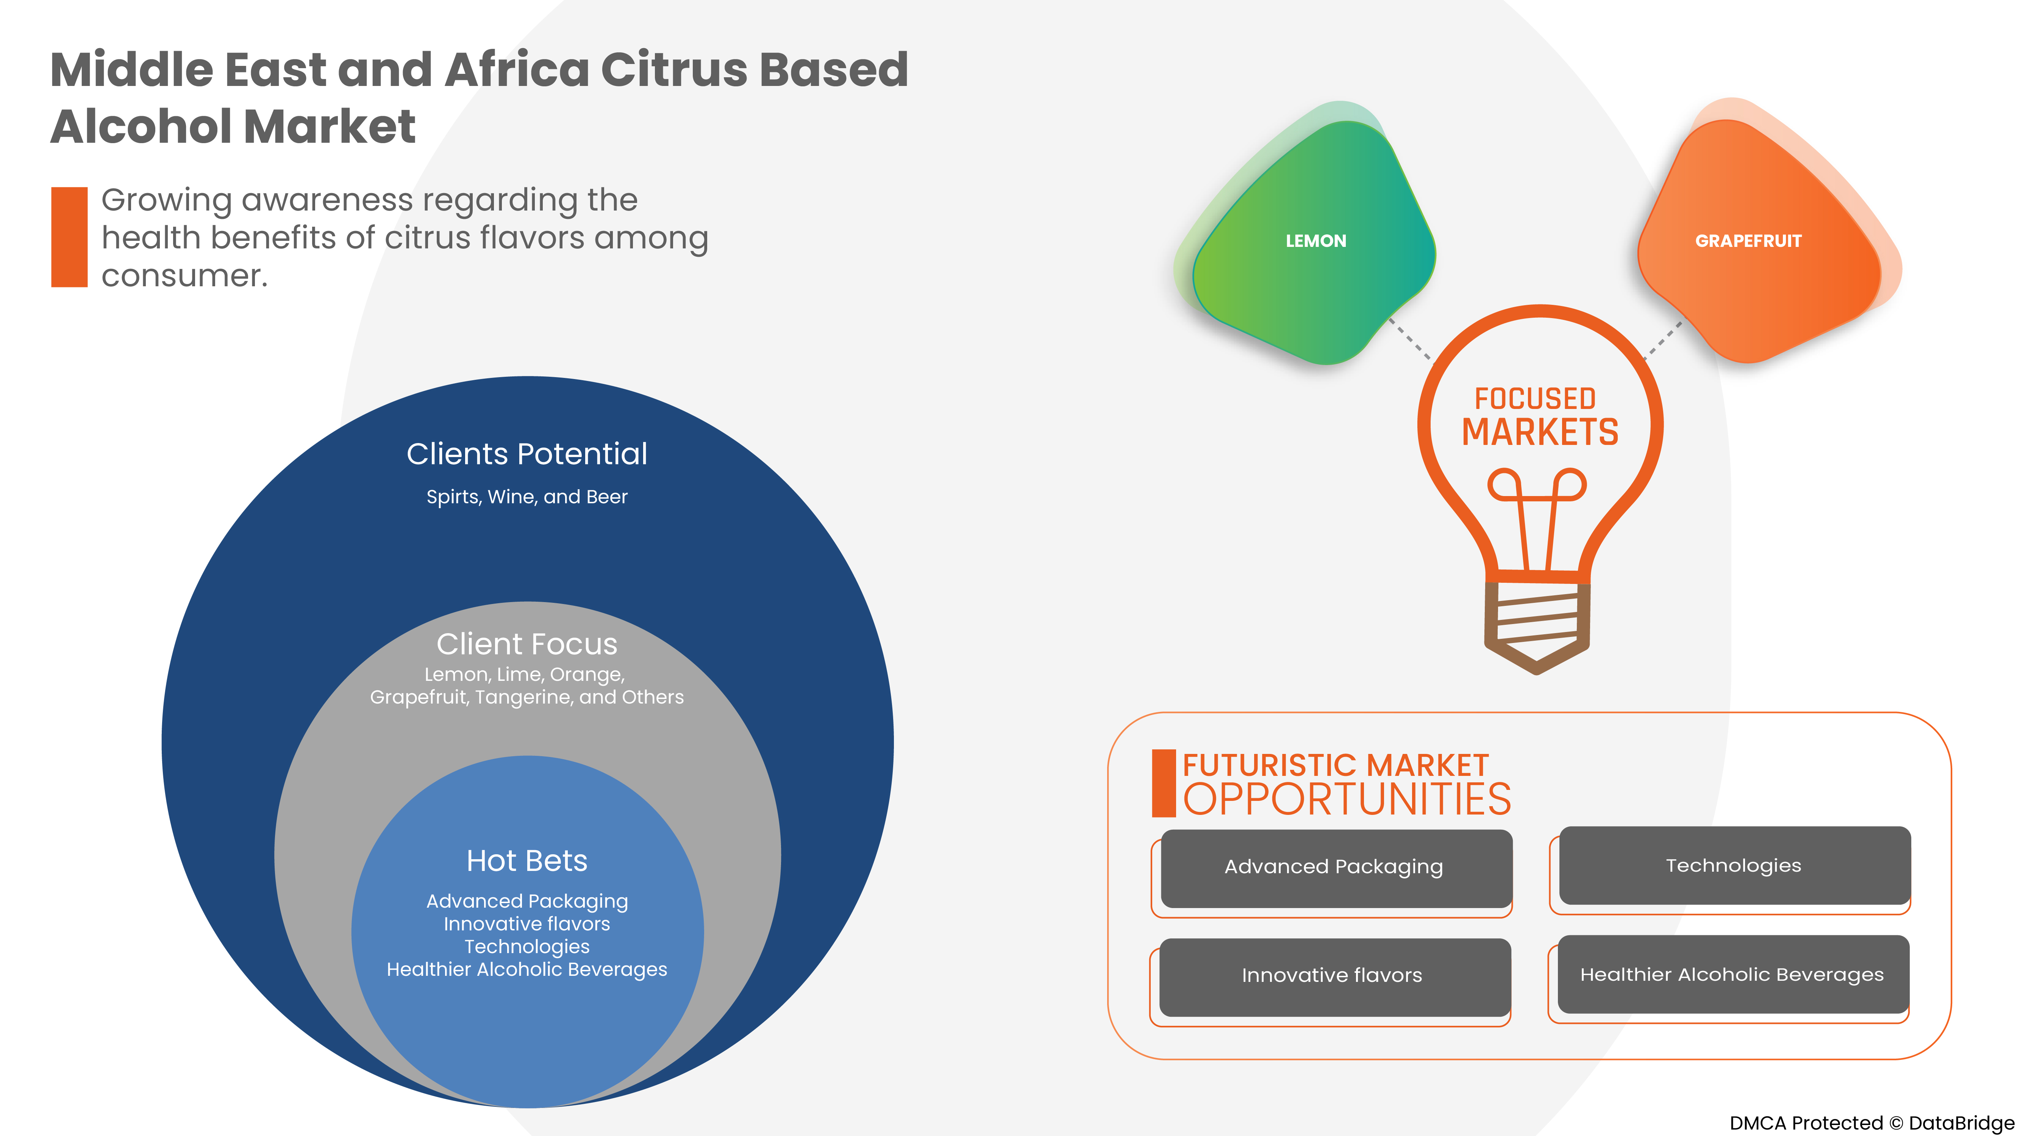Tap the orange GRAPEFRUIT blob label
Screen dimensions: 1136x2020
tap(1748, 241)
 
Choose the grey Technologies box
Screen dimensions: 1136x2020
tap(1734, 866)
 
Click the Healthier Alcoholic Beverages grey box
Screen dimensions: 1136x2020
tap(1732, 974)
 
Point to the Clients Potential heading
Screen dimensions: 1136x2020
tap(527, 454)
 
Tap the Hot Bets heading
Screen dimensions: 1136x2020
tap(527, 861)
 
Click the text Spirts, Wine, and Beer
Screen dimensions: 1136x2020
tap(527, 497)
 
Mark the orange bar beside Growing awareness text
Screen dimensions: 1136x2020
tap(69, 237)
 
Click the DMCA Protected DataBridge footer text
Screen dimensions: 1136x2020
tap(1871, 1123)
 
